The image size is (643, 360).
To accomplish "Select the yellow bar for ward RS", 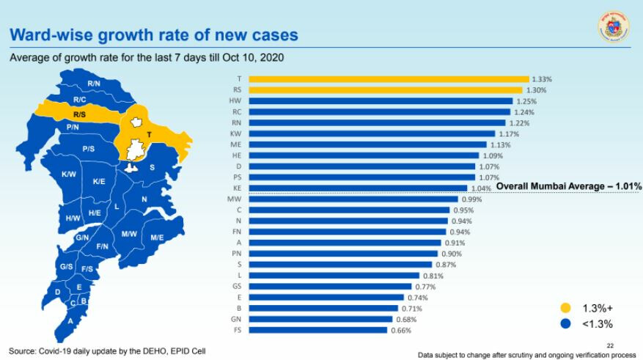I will pos(386,90).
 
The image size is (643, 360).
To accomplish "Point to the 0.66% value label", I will pos(400,331).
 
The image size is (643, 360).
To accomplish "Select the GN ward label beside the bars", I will pos(235,320).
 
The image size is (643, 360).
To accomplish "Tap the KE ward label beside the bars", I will pos(236,188).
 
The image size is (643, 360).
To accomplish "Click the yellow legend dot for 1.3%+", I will pos(565,308).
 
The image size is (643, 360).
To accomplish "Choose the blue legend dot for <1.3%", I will pos(565,323).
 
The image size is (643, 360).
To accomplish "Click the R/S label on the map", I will pos(80,114).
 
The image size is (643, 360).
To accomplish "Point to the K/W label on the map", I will pos(69,174).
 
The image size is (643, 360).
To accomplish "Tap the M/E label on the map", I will pos(157,237).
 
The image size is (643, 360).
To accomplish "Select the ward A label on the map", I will pos(70,320).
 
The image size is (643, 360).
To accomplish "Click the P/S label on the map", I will pos(88,149).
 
